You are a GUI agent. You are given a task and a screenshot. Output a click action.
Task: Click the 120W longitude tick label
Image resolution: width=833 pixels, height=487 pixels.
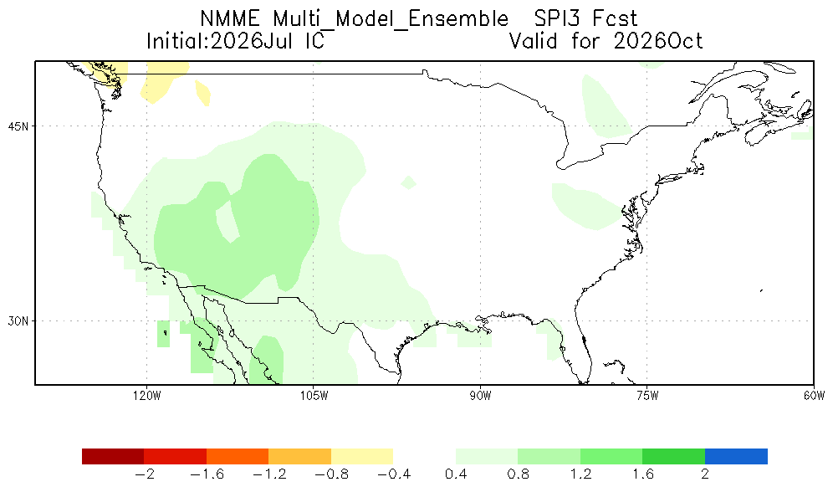point(147,396)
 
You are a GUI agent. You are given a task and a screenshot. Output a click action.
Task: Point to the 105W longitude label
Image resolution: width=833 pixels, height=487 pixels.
point(314,396)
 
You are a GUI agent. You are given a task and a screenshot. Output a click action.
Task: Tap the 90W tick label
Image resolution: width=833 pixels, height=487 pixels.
point(480,396)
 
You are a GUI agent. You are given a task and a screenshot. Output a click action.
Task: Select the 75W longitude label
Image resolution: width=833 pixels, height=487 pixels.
point(647,396)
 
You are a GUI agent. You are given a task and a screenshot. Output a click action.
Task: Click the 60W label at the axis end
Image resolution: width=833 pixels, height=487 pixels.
point(815,396)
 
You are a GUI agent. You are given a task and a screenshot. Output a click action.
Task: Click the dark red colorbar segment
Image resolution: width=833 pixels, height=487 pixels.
point(113,456)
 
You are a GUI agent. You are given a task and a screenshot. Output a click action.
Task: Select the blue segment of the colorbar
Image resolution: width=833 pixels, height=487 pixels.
point(736,456)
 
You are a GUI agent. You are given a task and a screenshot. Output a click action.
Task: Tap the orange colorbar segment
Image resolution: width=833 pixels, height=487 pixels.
point(238,456)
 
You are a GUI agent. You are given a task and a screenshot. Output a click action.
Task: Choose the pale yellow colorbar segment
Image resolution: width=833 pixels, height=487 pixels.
point(362,456)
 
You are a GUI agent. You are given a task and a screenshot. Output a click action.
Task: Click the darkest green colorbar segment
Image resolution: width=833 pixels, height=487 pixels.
point(673,456)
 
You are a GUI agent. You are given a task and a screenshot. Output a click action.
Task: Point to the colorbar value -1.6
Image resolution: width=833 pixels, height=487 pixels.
point(206,474)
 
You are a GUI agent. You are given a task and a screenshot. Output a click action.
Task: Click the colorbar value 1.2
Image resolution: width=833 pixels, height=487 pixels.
point(580,474)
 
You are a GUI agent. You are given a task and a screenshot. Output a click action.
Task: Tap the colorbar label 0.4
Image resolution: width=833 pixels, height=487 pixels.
point(455,474)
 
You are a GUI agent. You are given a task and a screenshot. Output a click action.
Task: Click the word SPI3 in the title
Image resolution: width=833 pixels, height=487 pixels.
point(555,19)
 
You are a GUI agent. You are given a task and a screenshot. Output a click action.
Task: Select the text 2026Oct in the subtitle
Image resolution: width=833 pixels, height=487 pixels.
point(657,41)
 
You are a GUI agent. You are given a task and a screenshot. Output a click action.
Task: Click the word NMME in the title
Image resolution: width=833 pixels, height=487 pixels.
point(229,19)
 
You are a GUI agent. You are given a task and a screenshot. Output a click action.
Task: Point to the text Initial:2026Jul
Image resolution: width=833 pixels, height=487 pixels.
point(220,41)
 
